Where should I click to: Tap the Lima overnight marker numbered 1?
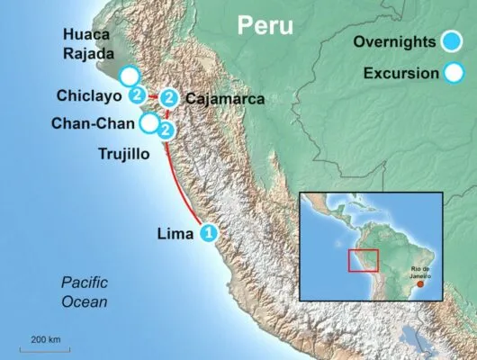point(209,232)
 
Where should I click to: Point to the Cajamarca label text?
point(224,100)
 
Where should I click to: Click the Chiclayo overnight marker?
point(137,94)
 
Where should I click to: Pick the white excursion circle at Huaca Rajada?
point(130,76)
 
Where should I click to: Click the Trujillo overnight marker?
point(165,130)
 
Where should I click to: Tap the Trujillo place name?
point(125,154)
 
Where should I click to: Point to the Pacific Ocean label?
point(84,292)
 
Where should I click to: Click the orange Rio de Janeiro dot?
point(420,283)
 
